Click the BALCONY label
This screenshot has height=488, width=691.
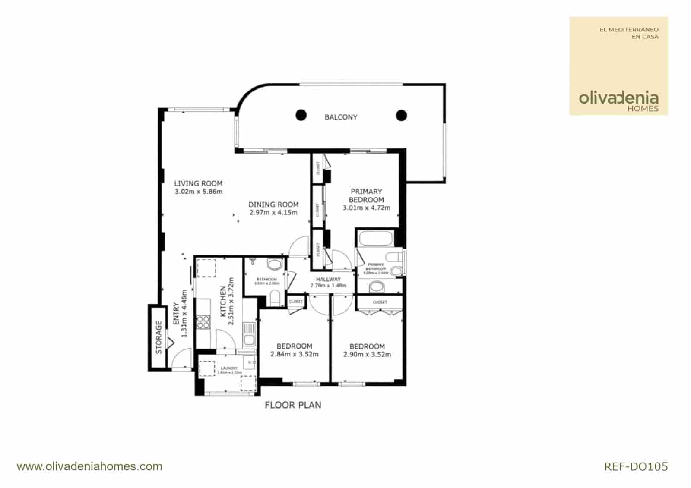341,117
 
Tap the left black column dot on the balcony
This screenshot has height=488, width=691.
301,115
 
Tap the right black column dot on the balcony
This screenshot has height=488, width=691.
402,115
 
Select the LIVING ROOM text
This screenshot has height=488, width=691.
198,183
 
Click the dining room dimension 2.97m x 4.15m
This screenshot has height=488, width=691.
273,212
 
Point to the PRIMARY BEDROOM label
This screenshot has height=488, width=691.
366,195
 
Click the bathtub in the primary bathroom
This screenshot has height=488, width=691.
375,239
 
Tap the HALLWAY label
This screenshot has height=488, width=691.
328,279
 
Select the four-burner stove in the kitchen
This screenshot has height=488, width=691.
203,322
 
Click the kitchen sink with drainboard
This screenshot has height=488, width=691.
249,335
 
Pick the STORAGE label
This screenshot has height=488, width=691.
158,337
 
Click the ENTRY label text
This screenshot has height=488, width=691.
176,313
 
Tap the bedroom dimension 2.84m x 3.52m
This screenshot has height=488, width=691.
294,354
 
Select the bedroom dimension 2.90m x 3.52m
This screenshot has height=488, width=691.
367,354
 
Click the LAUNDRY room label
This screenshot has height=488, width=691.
229,368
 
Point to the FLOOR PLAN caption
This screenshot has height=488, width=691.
293,405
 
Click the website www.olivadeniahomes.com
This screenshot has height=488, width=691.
89,466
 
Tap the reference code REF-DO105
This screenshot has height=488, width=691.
636,466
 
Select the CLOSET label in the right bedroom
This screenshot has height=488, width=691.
380,302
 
